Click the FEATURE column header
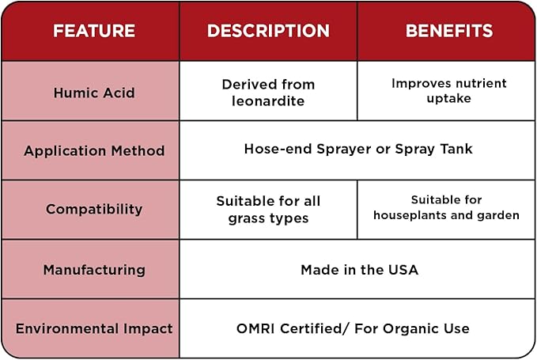coord(94,32)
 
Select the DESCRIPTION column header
coord(268,32)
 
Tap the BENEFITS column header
coord(448,32)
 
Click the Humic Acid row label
coord(94,93)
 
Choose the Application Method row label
coord(94,150)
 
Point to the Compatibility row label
coord(94,210)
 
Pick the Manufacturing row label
coord(94,270)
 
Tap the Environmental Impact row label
coord(94,328)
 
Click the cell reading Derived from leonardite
coord(268,93)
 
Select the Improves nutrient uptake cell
coord(448,91)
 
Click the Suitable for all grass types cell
coord(268,210)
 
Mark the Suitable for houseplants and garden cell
coord(446,207)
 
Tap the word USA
coord(403,270)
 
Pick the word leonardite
coord(268,101)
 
